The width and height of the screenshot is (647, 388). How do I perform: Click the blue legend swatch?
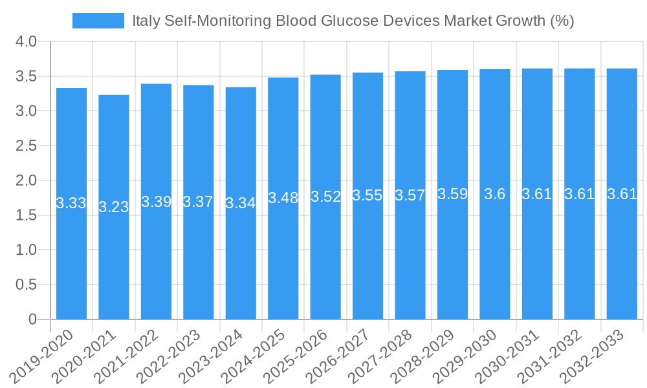point(98,21)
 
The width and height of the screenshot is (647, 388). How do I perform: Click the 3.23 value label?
point(114,207)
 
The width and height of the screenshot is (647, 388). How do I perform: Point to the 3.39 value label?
point(157,202)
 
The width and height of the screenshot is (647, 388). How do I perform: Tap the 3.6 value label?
point(495,194)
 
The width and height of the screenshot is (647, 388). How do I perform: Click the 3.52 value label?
point(325,197)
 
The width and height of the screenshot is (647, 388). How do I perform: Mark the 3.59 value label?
point(452,194)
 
